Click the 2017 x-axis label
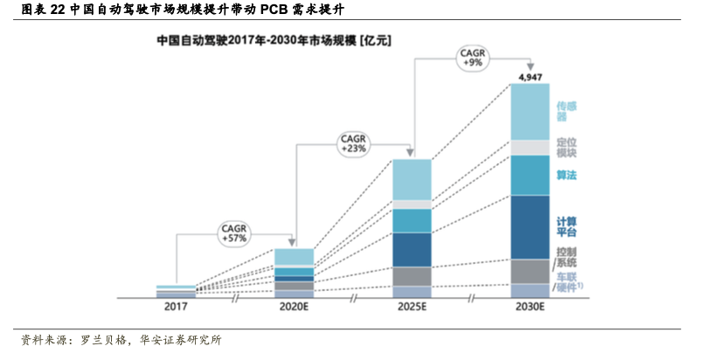177,307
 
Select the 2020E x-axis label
294,307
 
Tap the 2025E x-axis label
411,307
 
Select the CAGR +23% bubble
354,143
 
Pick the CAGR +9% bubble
473,59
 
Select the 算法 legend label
566,176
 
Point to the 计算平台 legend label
566,226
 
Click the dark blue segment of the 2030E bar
530,226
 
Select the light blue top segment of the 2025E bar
412,179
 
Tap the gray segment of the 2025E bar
412,276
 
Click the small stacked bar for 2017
177,292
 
